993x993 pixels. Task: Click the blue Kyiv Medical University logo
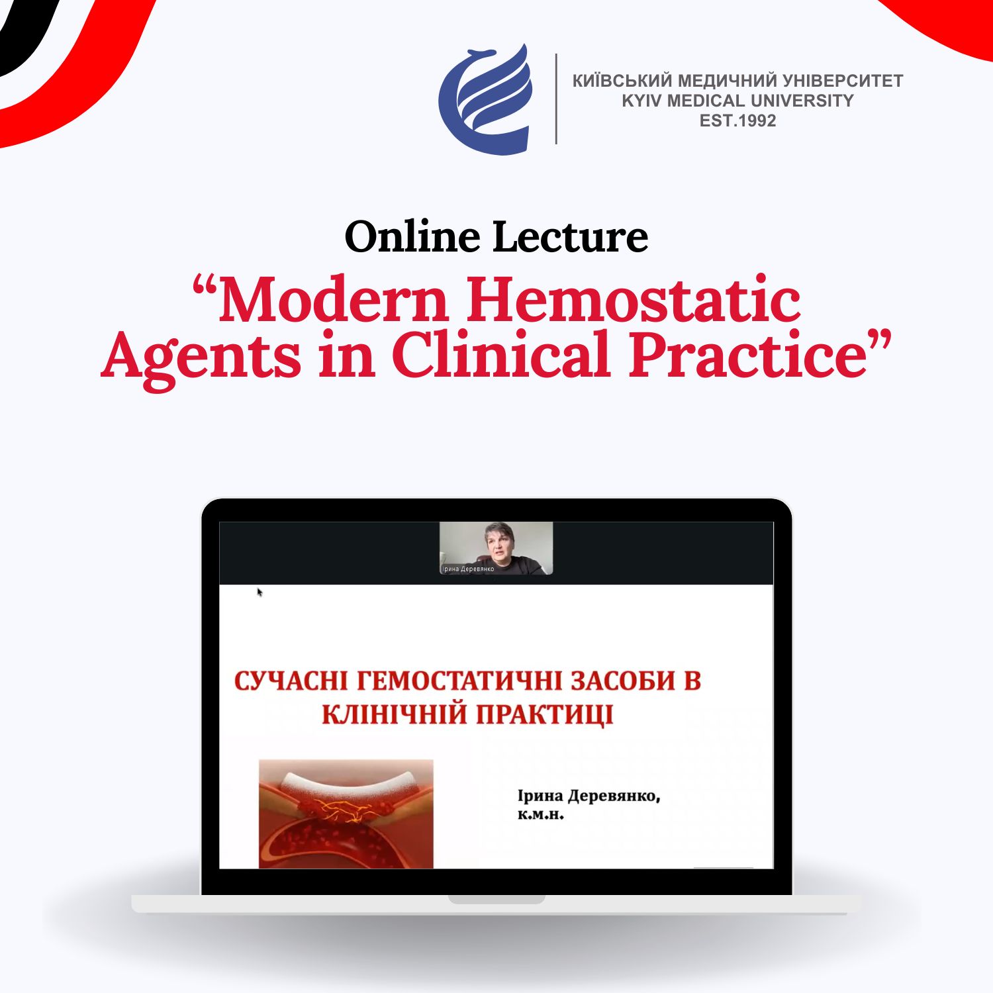point(486,99)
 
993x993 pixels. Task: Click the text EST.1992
point(737,120)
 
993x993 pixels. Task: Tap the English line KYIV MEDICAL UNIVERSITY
point(737,101)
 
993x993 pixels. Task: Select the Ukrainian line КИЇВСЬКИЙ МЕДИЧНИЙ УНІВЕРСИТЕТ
point(737,81)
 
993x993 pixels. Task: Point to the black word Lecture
point(571,236)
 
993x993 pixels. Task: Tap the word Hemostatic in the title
point(634,299)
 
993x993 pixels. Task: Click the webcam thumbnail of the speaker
point(496,548)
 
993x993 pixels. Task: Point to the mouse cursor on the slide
point(260,592)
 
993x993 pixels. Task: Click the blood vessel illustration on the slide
point(346,814)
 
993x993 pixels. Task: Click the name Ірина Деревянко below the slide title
point(589,796)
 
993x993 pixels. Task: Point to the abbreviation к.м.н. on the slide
point(540,816)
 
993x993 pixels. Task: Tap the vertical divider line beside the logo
point(556,99)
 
